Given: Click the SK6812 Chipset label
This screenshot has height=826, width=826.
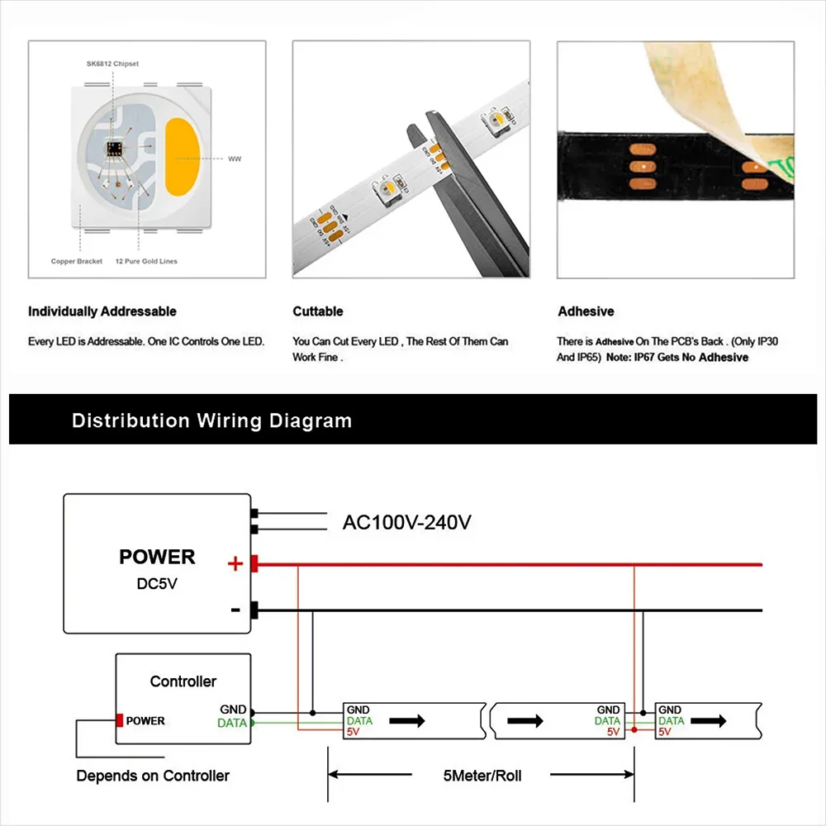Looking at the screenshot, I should point(112,63).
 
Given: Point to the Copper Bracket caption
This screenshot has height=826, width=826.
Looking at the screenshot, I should point(77,262).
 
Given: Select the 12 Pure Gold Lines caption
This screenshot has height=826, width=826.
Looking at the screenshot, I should point(146,262).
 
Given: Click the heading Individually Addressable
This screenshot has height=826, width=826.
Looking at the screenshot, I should point(102,311).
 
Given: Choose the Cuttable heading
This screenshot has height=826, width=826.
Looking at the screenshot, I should point(318,311).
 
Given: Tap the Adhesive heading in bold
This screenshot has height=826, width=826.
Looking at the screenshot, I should point(586,311).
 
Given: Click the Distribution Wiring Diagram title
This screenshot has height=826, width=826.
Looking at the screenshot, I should point(211,420).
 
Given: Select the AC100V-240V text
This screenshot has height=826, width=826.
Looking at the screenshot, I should point(406,522).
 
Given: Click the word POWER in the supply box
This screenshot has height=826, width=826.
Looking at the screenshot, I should point(157,557).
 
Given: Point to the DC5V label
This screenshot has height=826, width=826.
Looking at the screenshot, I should point(157,583).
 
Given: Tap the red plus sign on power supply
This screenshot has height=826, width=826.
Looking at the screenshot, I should point(235,564).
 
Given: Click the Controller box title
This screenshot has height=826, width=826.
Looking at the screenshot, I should point(183,681).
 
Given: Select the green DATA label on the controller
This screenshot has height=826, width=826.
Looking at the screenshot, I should point(231,723).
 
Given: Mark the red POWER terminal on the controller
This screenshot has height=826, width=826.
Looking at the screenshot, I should point(120,720).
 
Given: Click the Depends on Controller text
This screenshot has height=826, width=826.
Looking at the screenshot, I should point(153,776).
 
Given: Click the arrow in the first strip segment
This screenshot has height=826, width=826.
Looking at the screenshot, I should point(407,720).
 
